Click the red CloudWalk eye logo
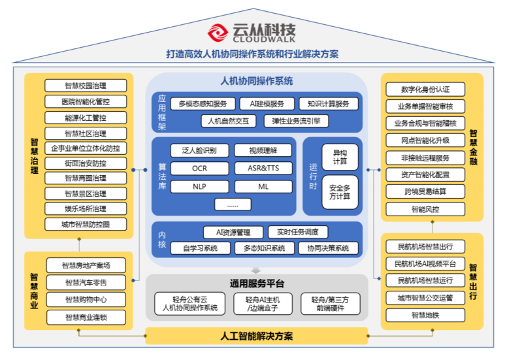218,33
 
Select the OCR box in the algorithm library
199,169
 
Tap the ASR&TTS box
263,168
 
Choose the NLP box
199,187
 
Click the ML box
263,187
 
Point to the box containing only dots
233,205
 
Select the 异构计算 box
340,157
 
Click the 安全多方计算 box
340,192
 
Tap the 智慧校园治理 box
86,86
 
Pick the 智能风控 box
425,209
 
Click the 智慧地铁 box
425,315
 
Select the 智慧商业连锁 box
86,318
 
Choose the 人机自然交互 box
228,122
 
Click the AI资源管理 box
233,232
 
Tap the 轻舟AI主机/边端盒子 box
263,304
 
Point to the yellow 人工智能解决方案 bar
257,336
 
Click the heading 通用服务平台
257,284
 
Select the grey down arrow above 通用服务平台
255,270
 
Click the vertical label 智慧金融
474,148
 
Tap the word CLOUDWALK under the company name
264,39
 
